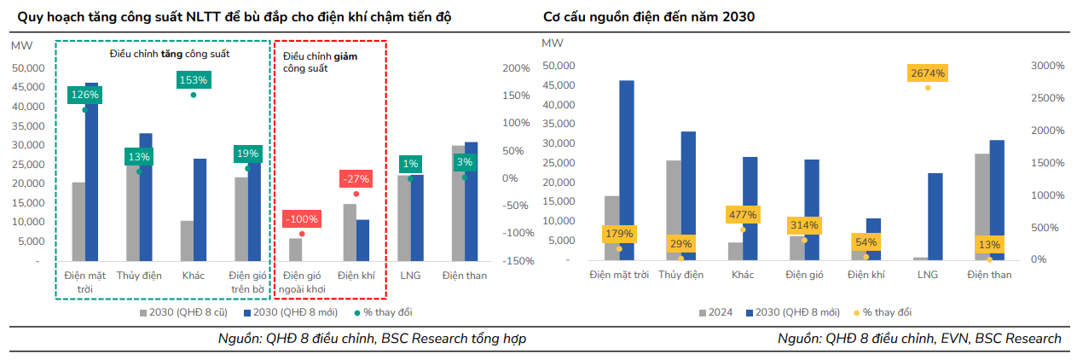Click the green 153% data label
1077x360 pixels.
[194, 79]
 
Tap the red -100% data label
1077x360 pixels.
[301, 219]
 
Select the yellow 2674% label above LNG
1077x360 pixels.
[927, 73]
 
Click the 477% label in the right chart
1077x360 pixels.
[742, 214]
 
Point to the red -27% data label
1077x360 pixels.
[355, 179]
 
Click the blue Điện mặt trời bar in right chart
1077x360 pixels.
[627, 170]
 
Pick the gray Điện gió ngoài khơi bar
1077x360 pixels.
[295, 249]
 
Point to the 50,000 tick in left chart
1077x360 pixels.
[32, 67]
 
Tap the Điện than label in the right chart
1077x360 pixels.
[989, 274]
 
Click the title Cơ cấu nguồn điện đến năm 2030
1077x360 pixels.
[648, 17]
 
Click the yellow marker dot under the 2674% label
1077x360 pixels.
[927, 88]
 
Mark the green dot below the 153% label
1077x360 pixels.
[194, 95]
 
